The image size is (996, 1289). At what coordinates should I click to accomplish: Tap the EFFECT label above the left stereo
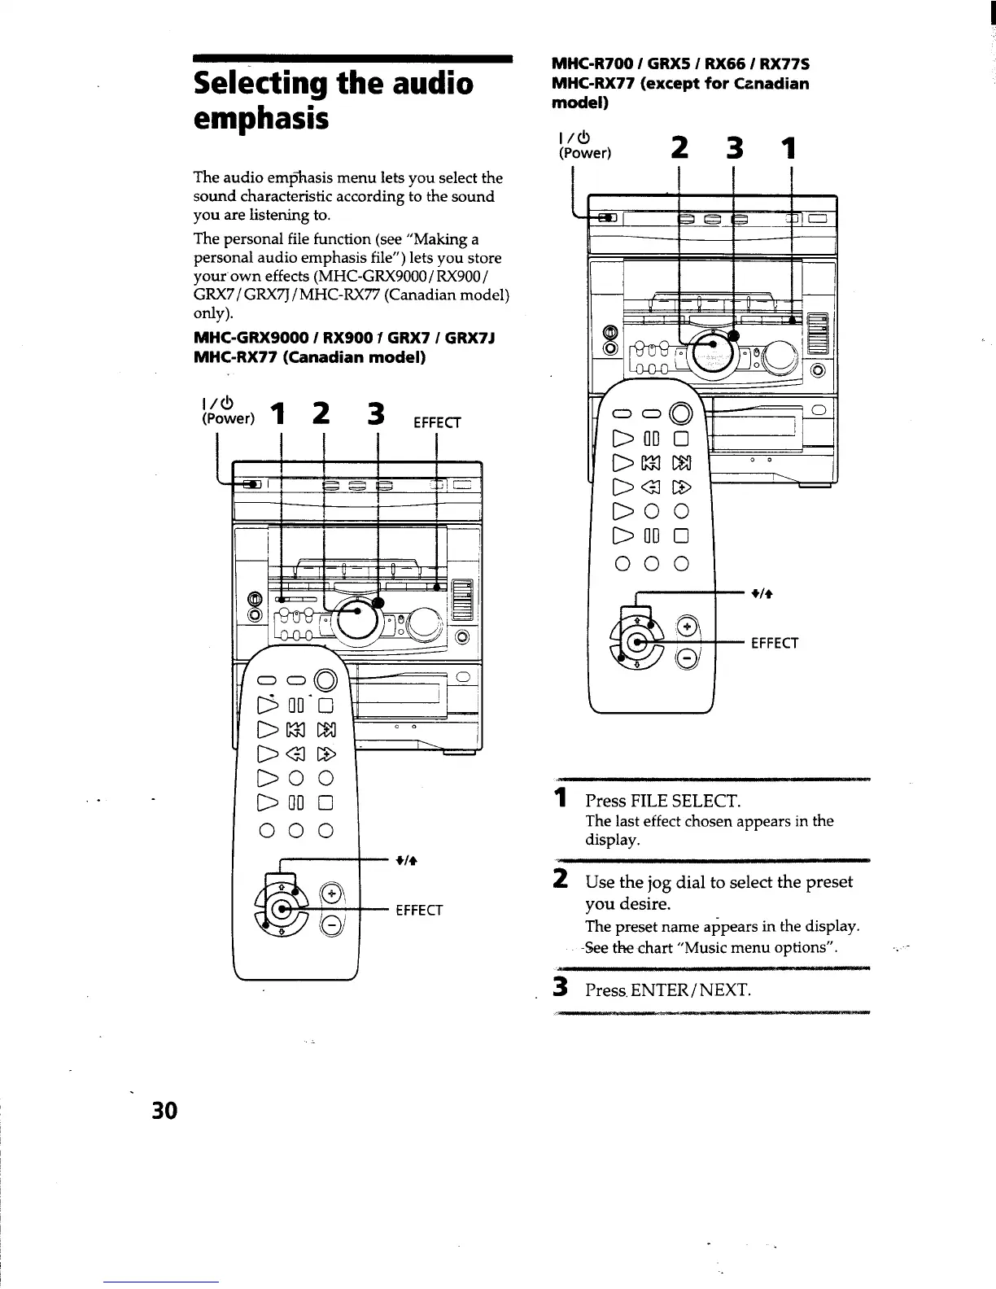pyautogui.click(x=437, y=423)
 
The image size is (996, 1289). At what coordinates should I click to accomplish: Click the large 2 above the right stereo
pyautogui.click(x=679, y=148)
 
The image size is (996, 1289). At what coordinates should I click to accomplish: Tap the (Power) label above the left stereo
pyautogui.click(x=229, y=419)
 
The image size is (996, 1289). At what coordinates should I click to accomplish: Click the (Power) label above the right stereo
pyautogui.click(x=583, y=153)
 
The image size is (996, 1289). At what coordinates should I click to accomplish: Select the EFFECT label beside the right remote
pyautogui.click(x=775, y=644)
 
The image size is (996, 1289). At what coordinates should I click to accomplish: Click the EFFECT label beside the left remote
pyautogui.click(x=418, y=910)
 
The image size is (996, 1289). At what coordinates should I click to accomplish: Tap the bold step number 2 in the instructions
pyautogui.click(x=560, y=880)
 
